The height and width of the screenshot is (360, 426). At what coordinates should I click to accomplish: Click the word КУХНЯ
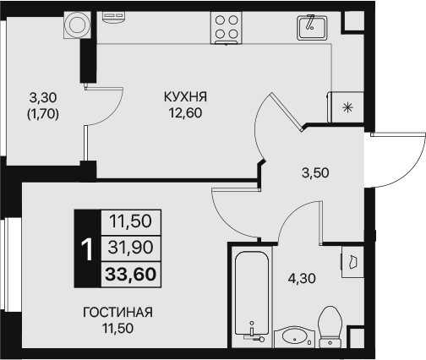186,97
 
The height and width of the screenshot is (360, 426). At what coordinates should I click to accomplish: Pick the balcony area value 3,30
42,96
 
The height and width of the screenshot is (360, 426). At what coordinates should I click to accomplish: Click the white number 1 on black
86,248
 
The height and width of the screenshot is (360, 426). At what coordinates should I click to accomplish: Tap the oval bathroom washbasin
295,337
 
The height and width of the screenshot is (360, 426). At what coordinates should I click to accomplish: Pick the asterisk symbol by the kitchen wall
347,106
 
